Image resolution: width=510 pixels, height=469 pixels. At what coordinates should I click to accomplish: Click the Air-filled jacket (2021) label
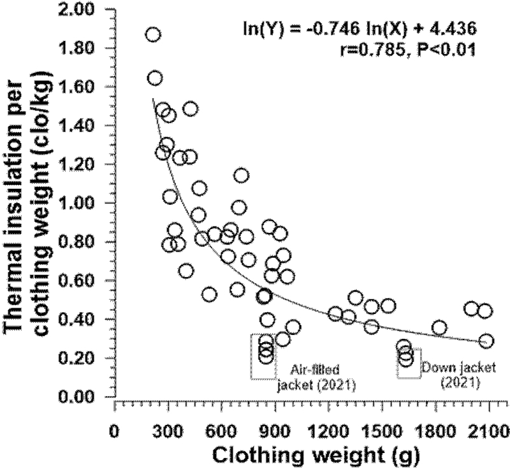point(315,377)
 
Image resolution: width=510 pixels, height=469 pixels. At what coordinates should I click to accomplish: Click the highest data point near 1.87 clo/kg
point(153,34)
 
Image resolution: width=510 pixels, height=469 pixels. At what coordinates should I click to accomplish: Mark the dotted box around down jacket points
point(409,362)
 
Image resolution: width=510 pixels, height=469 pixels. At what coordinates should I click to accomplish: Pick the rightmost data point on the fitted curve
point(486,341)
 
